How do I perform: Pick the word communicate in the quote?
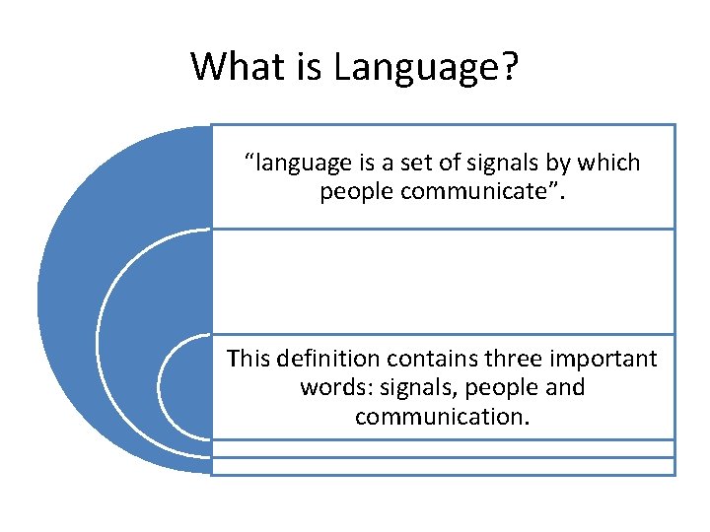(x=481, y=191)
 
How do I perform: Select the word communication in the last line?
(x=442, y=417)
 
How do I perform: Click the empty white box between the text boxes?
(x=444, y=282)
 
